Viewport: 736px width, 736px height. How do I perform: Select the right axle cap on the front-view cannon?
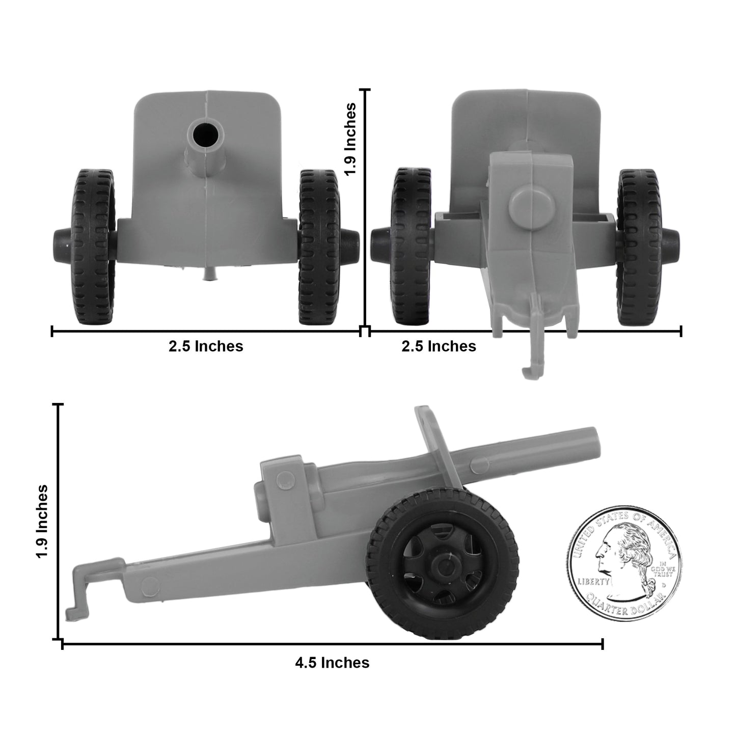click(x=349, y=238)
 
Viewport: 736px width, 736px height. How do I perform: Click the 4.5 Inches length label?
click(x=332, y=663)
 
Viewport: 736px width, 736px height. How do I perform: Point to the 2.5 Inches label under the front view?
click(x=206, y=346)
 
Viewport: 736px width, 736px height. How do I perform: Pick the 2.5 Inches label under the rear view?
click(x=439, y=346)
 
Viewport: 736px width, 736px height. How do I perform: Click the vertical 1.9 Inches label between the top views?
click(x=350, y=139)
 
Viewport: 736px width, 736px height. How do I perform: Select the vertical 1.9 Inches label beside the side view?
click(x=42, y=521)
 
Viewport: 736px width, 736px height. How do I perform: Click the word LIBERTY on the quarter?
click(x=593, y=581)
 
